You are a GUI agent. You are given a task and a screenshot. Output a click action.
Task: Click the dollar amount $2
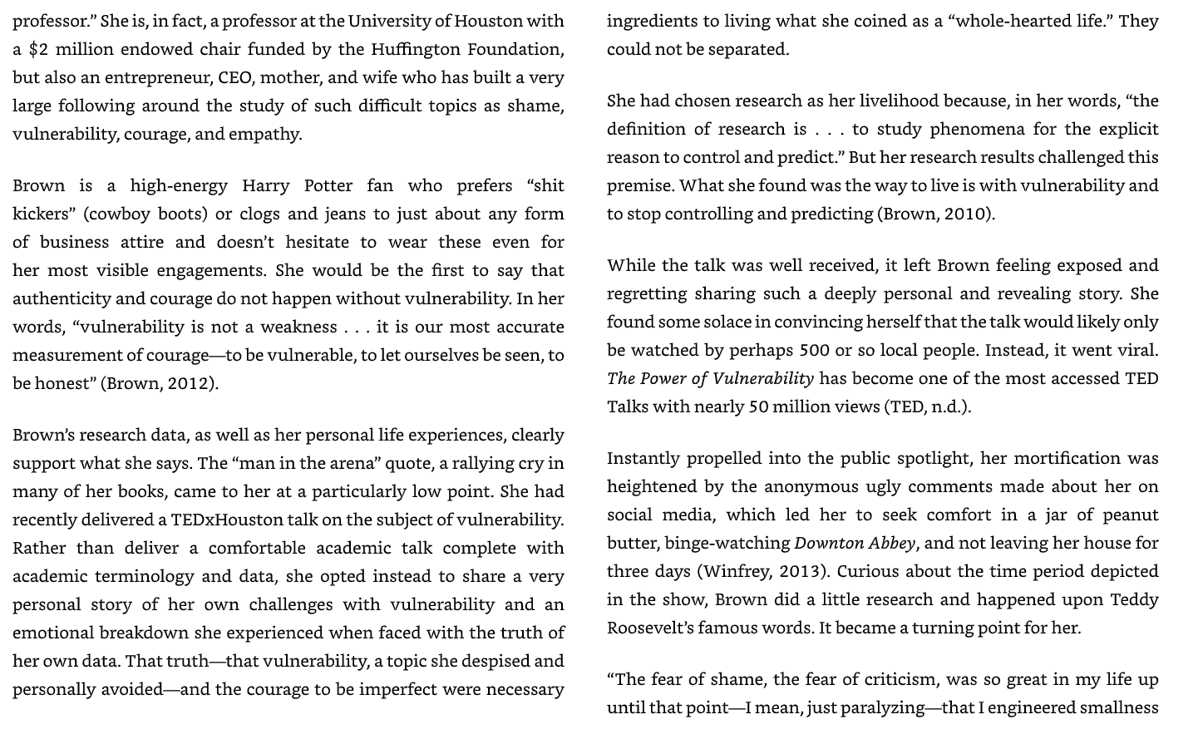pyautogui.click(x=38, y=49)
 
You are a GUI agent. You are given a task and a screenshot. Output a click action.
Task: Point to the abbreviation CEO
pyautogui.click(x=236, y=77)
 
